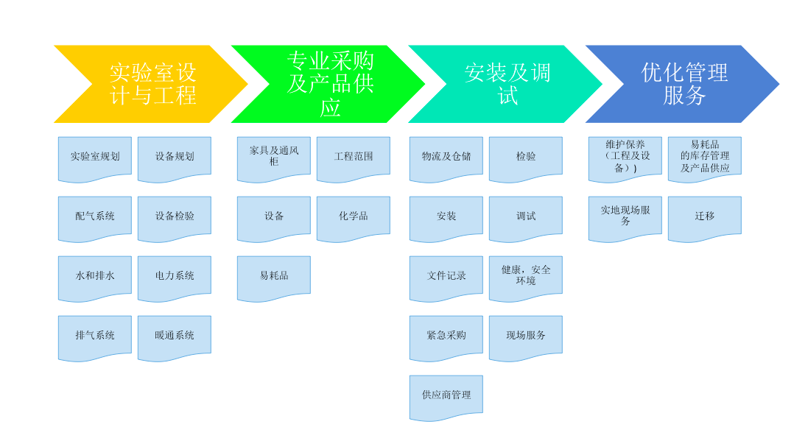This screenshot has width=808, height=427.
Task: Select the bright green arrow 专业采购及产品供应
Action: pos(330,84)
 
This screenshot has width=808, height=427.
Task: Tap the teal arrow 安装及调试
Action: pos(507,84)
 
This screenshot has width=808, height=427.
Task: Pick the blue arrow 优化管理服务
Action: pos(684,84)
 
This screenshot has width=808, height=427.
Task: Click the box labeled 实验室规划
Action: pos(95,158)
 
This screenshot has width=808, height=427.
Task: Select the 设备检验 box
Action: pos(175,217)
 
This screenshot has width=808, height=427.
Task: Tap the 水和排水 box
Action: pos(95,277)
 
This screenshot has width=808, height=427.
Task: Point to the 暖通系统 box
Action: pos(175,336)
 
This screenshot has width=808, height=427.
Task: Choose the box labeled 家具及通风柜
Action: pos(274,158)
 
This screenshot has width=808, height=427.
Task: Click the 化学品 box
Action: pos(354,217)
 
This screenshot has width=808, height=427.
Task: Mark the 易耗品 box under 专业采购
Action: pos(274,277)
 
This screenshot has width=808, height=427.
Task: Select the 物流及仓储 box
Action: pos(446,158)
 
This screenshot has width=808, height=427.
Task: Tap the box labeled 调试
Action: pos(526,217)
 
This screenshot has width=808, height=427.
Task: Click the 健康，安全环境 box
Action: pos(526,277)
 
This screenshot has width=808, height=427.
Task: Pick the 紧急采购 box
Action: pos(446,336)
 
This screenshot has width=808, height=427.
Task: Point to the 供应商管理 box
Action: pos(446,396)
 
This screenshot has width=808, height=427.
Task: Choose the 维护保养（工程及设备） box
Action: pos(625,158)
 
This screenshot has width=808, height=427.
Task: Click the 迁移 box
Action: pos(705,217)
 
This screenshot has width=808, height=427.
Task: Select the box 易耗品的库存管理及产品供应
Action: pos(705,158)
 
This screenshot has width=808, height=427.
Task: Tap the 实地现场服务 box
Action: pos(625,217)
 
